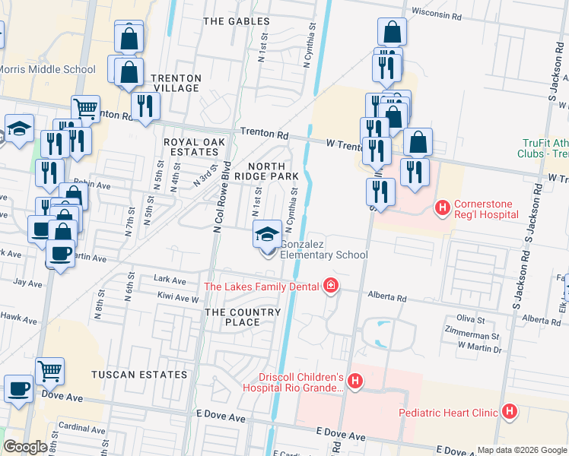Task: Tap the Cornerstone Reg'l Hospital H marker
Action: [x=442, y=207]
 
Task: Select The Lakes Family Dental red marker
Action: [x=330, y=287]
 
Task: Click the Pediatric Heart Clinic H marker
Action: [x=509, y=413]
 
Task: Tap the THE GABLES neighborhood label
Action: [x=233, y=21]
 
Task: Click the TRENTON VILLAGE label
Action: [x=176, y=84]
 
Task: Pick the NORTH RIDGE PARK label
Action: [x=266, y=171]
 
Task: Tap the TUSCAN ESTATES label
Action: [x=139, y=375]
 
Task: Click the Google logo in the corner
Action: [x=24, y=447]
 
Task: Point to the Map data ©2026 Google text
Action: [x=521, y=450]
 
